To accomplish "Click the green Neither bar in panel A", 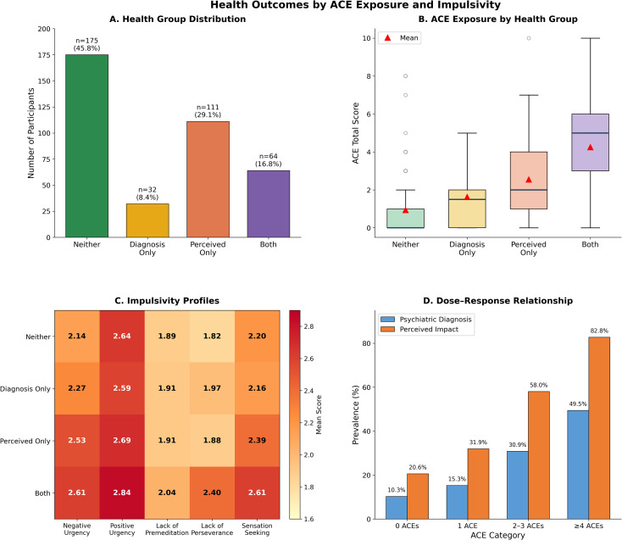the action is pos(87,146).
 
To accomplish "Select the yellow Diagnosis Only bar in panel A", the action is pos(147,220).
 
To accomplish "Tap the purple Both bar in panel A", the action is pos(269,204).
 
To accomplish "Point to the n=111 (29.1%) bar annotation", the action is pos(208,111).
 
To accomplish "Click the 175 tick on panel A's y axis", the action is pos(44,55).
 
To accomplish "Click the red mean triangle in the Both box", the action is pos(591,148).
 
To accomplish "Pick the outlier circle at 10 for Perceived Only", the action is pos(529,38).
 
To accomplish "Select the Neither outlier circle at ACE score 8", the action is pos(405,75).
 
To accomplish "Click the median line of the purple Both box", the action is pos(591,133).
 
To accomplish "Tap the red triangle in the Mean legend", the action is pos(388,37).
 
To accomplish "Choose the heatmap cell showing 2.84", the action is pos(122,493).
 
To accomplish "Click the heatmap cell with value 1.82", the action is pos(212,337).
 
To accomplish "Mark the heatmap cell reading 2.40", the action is pos(212,493).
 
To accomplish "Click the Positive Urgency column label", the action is pos(122,529).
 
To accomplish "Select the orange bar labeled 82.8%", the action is pos(599,428).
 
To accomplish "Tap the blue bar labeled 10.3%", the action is pos(397,508).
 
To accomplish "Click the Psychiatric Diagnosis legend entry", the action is pos(426,320).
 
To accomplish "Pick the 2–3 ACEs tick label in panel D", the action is pos(528,526).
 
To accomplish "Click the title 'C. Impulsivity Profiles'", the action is pos(167,301).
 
